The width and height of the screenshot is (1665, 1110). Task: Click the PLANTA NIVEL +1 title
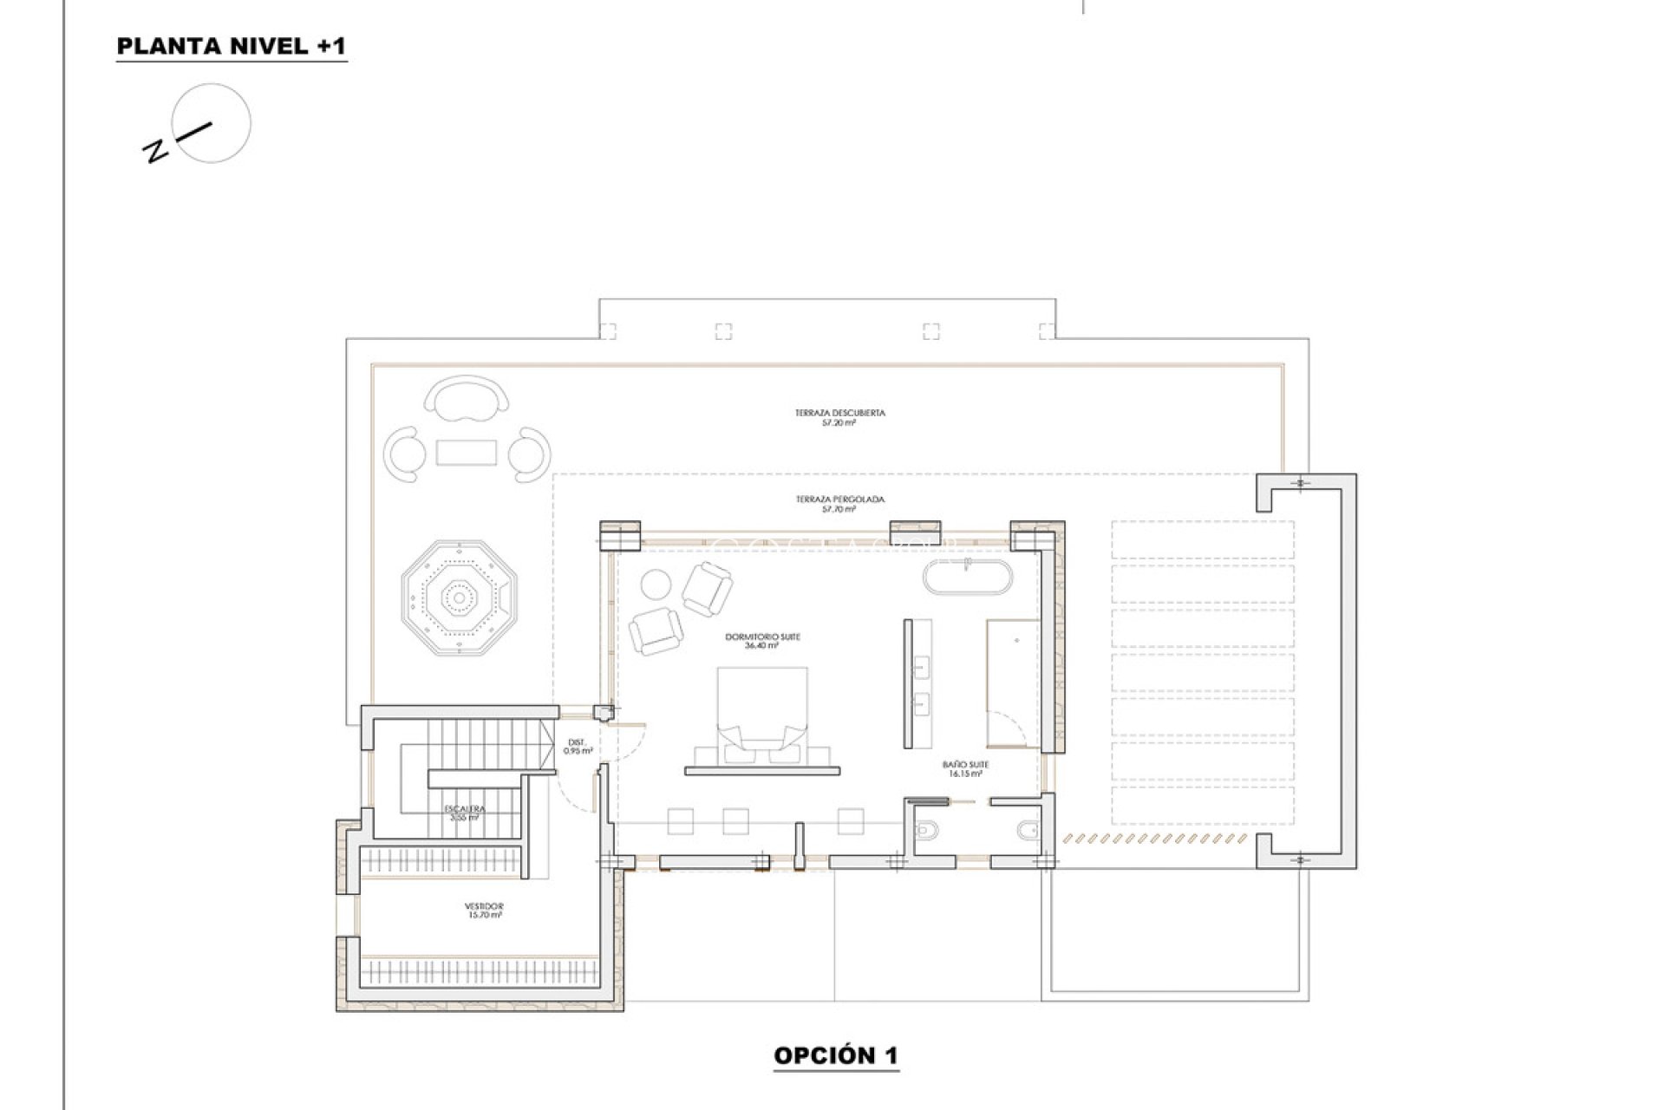(x=231, y=47)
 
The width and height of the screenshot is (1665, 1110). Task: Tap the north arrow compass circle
(x=212, y=122)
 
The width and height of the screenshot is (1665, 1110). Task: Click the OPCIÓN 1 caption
(x=836, y=1055)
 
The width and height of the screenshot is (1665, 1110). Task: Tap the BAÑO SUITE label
(x=965, y=769)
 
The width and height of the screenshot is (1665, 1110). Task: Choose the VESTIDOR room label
(x=484, y=910)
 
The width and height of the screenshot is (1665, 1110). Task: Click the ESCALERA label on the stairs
(x=466, y=812)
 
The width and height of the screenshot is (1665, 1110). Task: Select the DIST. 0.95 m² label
(x=578, y=746)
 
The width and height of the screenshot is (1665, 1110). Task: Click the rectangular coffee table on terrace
(x=467, y=452)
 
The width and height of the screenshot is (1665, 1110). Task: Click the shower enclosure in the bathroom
(x=1012, y=682)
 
